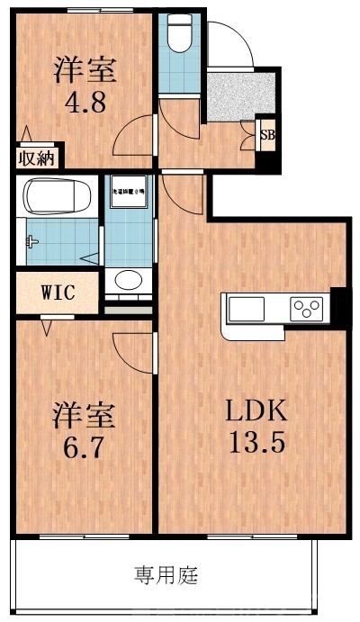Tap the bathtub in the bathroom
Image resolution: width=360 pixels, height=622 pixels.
point(56,197)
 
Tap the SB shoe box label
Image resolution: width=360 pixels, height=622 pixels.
point(267,135)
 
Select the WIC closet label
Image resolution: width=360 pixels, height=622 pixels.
point(56,293)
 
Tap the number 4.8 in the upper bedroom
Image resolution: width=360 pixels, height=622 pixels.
point(86,100)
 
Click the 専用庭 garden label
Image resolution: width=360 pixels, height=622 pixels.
point(166,572)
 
